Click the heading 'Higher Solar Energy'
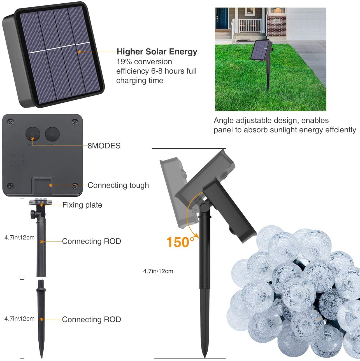point(157,52)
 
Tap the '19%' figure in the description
point(124,62)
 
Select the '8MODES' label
point(104,146)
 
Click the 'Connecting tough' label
point(118,185)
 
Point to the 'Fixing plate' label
point(82,205)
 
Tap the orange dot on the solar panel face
point(80,52)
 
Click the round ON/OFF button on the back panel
point(52,134)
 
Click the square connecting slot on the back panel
point(43,186)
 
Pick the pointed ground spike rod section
point(41,318)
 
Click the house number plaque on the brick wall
point(277,21)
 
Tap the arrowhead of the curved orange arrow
point(196,235)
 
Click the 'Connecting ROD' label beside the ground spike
point(92,319)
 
